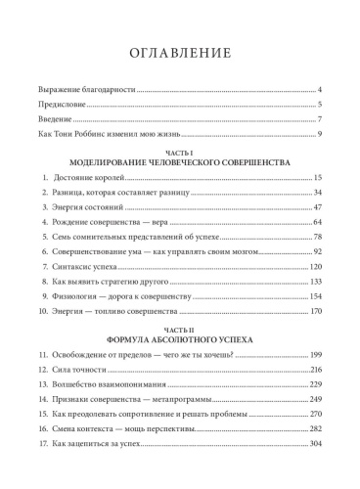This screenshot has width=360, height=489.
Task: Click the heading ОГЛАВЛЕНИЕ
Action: (x=179, y=52)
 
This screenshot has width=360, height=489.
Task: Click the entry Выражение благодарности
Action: (x=78, y=89)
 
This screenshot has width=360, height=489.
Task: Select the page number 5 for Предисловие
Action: (x=321, y=104)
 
